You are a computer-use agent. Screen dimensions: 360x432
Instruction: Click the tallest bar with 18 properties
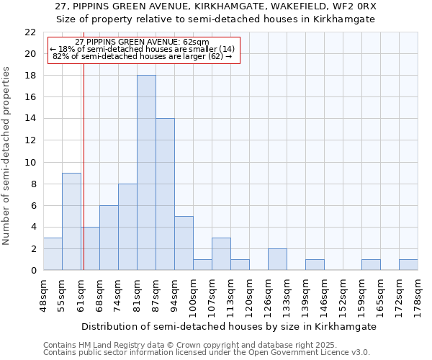(146, 173)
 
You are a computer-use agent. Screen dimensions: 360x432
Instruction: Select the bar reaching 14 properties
(165, 194)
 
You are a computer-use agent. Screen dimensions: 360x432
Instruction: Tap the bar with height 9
(71, 221)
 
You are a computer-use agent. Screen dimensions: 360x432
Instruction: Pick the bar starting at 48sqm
(53, 253)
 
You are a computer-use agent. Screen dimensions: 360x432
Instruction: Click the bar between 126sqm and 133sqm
(277, 259)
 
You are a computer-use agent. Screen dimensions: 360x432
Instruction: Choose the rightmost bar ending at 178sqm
(408, 264)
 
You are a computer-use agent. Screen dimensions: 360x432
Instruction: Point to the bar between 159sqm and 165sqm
(371, 264)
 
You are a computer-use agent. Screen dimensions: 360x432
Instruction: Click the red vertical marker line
(84, 180)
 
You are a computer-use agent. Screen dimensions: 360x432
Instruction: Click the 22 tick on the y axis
(30, 32)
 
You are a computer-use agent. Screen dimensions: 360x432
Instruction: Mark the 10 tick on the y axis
(30, 162)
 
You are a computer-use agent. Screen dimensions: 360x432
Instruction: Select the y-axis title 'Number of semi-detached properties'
(7, 156)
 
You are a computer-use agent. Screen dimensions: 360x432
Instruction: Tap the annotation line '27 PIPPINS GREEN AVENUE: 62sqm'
(142, 42)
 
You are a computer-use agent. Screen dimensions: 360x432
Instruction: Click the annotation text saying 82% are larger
(143, 55)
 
